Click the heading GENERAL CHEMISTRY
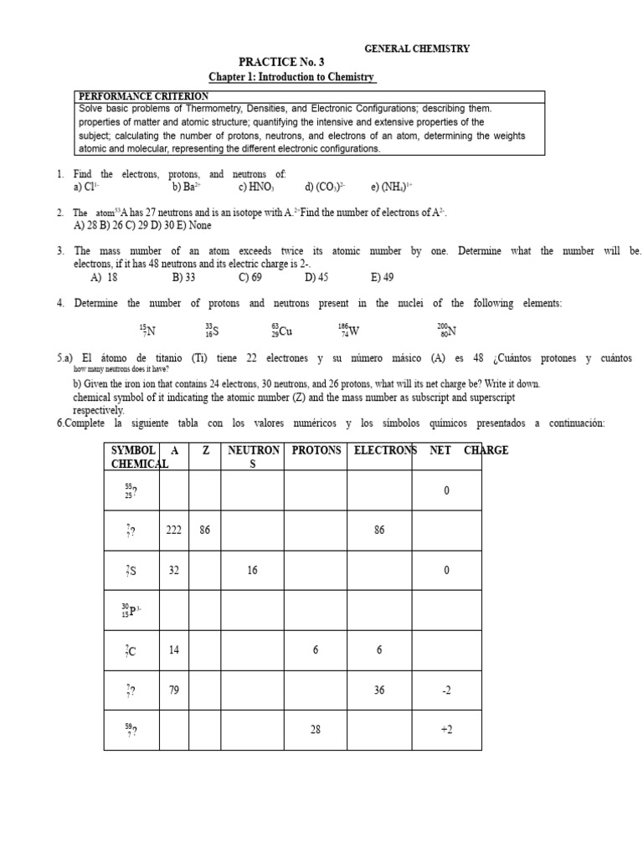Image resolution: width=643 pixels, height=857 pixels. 416,49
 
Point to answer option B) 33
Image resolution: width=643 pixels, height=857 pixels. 183,277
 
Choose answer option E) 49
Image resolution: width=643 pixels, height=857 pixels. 382,277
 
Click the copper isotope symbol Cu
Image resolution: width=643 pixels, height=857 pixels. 282,331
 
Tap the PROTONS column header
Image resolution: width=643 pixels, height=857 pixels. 316,450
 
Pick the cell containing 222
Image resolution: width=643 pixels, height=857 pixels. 174,530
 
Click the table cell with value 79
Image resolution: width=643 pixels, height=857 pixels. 174,690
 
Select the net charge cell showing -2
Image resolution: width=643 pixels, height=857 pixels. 446,690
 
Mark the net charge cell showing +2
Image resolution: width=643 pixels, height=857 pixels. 446,730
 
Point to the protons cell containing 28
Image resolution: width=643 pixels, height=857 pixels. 316,730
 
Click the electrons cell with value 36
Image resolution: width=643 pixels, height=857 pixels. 380,690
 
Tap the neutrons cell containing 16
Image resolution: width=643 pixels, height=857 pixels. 253,570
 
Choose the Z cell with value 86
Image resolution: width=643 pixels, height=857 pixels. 205,530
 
